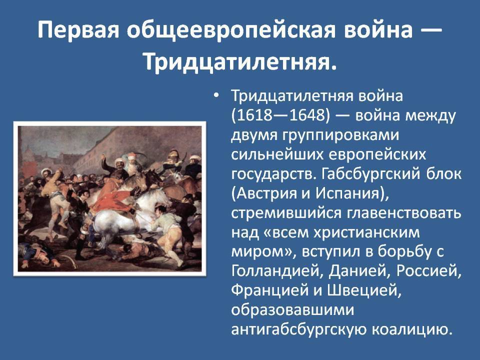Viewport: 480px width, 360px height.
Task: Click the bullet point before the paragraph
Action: coord(216,95)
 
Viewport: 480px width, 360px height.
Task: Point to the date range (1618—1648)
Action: coord(280,115)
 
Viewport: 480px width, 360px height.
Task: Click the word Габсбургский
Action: coord(370,174)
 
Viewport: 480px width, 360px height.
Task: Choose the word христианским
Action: coord(366,232)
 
